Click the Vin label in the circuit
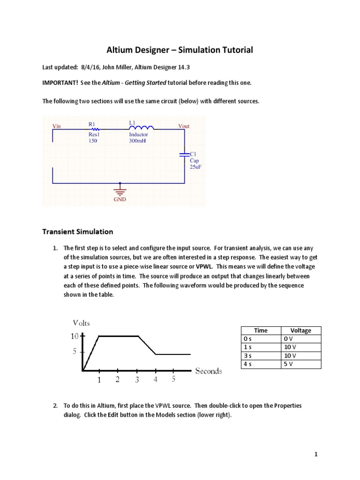point(57,126)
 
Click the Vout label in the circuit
point(184,126)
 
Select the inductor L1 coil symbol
point(139,127)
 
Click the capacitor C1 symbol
point(185,153)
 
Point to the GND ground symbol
point(120,192)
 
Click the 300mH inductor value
point(137,140)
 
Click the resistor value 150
point(92,140)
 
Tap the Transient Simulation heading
point(77,232)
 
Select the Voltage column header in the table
point(300,330)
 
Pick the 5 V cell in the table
point(288,364)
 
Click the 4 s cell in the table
point(247,364)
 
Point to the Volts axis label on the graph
point(82,322)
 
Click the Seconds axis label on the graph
point(209,371)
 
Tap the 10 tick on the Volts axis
point(75,336)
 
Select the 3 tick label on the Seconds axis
point(137,380)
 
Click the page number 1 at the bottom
point(316,454)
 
